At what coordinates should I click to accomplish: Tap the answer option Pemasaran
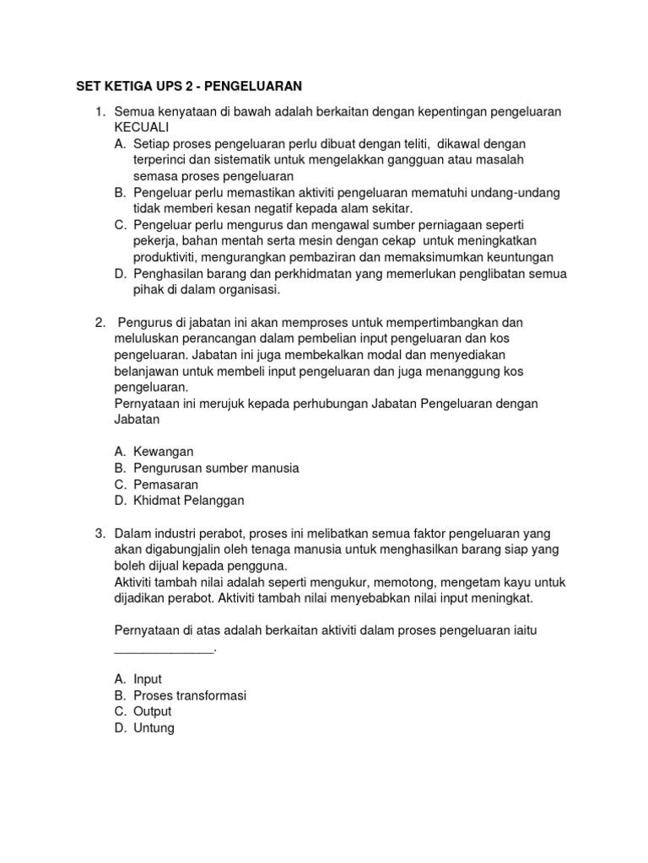[166, 484]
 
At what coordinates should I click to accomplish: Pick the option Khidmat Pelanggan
[188, 500]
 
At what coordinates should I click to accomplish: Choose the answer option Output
[152, 711]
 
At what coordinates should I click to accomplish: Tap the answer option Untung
[154, 727]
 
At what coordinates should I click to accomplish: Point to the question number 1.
[100, 112]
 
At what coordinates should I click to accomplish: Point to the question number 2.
[100, 323]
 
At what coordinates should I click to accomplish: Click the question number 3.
[100, 533]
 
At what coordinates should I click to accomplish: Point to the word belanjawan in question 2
[145, 371]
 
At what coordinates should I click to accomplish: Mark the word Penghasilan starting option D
[169, 274]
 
